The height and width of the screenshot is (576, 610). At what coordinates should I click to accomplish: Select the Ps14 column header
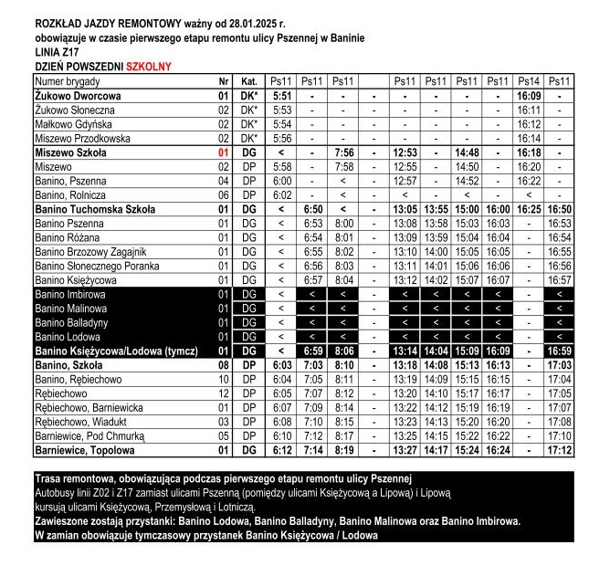528,81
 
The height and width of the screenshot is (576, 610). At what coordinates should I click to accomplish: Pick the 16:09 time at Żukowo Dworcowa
528,95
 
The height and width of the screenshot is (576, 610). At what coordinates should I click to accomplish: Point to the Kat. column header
248,81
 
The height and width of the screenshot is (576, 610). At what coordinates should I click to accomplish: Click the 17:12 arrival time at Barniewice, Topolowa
559,450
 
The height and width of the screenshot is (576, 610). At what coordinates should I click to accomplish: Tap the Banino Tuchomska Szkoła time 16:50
559,209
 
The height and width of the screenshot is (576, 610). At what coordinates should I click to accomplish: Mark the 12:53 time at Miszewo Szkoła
404,153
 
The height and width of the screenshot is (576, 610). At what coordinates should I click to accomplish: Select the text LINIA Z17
57,53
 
